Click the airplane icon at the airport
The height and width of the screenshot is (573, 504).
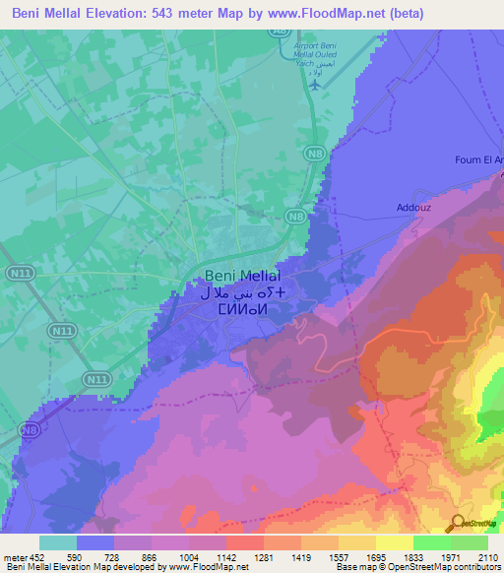[314, 84]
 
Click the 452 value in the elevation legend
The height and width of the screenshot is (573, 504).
[36, 556]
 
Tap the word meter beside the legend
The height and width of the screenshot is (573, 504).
[15, 556]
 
